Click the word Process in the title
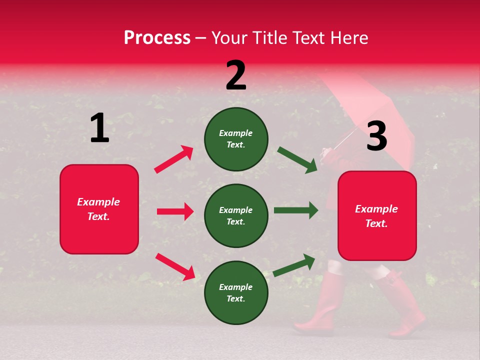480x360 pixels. click(157, 38)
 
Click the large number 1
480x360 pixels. click(99, 128)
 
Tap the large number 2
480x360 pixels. click(236, 75)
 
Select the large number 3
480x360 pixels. click(376, 136)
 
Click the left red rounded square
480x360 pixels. click(99, 209)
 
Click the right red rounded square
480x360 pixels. click(377, 215)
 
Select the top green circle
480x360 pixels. click(236, 139)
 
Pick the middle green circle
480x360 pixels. click(236, 215)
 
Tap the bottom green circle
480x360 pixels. click(236, 292)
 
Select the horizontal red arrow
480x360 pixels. click(175, 211)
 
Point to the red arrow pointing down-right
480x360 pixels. click(175, 266)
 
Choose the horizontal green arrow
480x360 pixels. click(296, 210)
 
